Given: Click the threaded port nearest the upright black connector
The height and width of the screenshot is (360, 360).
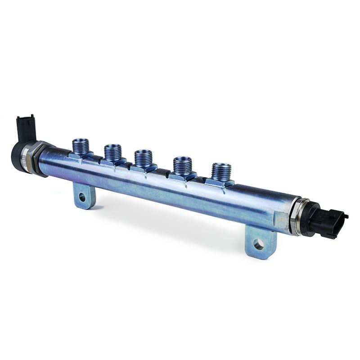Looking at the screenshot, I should (x=81, y=147).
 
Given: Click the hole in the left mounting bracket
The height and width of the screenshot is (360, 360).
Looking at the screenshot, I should (x=82, y=196).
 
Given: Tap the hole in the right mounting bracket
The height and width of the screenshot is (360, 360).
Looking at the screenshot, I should (x=258, y=244).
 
